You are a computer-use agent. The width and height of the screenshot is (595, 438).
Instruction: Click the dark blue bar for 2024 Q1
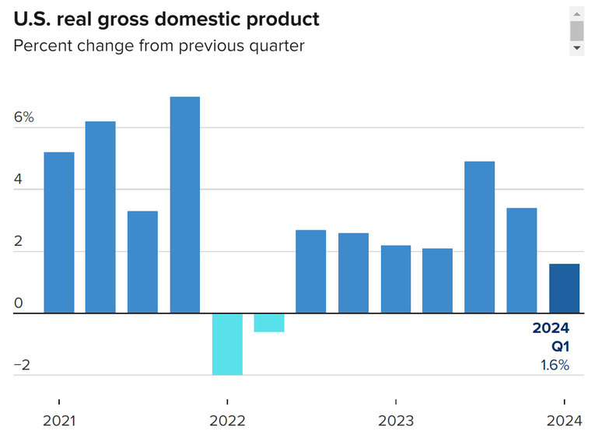(564, 289)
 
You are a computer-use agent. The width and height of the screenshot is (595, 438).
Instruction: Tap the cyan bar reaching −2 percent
(227, 344)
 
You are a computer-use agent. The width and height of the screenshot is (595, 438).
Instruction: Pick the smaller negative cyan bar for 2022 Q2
(269, 323)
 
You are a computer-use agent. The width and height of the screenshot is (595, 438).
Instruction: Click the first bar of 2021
(59, 233)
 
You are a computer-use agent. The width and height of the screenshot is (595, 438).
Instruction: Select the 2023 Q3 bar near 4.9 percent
(479, 237)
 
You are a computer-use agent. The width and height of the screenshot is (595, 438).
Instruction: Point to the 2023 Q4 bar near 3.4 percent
(521, 261)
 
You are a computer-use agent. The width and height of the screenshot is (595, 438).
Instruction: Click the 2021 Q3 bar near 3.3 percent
(143, 262)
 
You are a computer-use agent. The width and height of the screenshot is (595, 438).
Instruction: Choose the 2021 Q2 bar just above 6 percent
(100, 217)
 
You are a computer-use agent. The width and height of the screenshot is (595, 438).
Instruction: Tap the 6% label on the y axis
(23, 117)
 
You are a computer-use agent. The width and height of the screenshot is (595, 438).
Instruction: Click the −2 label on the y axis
(23, 366)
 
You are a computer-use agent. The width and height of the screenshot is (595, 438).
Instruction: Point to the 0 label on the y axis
(19, 303)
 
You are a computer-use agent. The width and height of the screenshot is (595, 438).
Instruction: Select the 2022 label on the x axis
(227, 421)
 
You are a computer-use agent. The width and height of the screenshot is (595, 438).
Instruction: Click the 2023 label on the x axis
(396, 421)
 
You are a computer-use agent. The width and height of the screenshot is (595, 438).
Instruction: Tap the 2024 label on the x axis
(563, 421)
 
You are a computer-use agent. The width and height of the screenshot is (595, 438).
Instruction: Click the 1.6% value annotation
(555, 365)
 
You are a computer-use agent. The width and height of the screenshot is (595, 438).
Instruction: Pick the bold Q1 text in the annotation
(561, 346)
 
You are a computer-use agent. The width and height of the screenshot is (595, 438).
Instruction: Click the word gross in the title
(127, 19)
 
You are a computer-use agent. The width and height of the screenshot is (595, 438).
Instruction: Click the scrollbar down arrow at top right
(576, 48)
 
